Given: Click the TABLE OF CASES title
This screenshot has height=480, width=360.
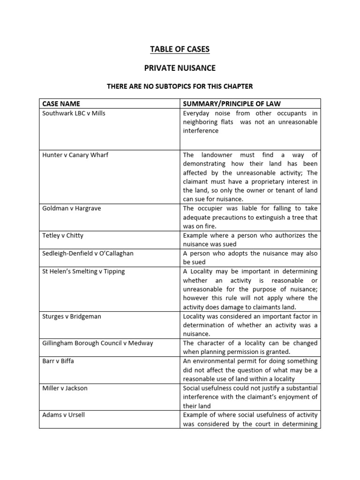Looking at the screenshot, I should pyautogui.click(x=180, y=49).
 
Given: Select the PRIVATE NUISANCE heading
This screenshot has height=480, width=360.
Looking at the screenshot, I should pyautogui.click(x=180, y=68).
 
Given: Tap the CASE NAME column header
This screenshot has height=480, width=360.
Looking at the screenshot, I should pyautogui.click(x=61, y=104).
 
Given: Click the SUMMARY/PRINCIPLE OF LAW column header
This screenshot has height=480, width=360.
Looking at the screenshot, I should pyautogui.click(x=232, y=104).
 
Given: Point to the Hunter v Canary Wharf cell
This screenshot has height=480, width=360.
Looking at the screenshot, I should pyautogui.click(x=75, y=155).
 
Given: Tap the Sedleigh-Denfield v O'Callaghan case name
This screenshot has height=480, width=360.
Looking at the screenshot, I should pyautogui.click(x=88, y=253).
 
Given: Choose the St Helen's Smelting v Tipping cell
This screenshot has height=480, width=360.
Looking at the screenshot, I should pyautogui.click(x=83, y=271).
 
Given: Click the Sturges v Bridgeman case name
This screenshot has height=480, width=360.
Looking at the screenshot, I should pyautogui.click(x=71, y=316).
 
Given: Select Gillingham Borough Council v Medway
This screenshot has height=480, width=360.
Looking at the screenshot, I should pyautogui.click(x=97, y=343).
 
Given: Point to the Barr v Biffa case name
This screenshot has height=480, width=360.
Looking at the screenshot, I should pyautogui.click(x=58, y=361).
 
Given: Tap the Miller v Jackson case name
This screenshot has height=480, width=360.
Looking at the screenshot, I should pyautogui.click(x=65, y=388).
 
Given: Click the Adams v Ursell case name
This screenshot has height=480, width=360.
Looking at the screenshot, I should pyautogui.click(x=63, y=415).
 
